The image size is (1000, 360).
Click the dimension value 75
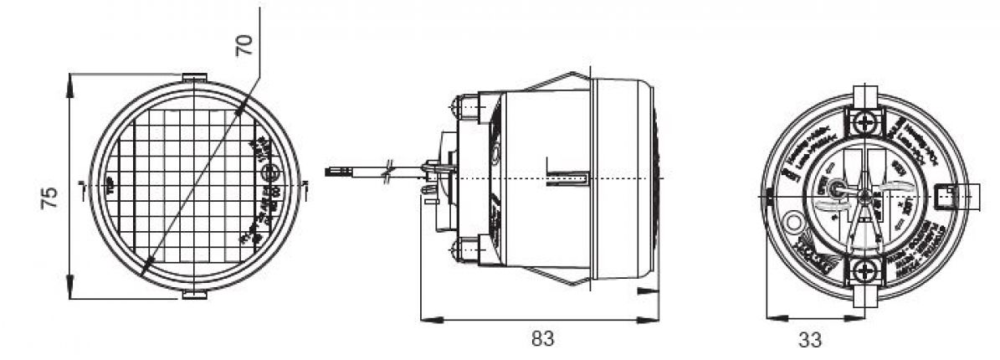[49, 198]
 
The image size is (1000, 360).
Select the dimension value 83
[542, 339]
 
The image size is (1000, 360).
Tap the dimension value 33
[809, 340]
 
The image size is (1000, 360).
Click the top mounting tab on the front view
[194, 78]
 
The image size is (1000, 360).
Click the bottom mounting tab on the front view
[194, 294]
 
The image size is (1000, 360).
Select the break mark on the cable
[387, 173]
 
